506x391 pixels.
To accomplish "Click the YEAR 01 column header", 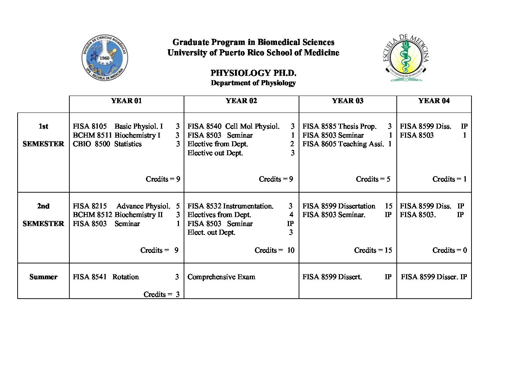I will pyautogui.click(x=126, y=101).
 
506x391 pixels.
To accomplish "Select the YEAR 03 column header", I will pyautogui.click(x=348, y=101).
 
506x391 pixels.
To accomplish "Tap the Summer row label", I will pyautogui.click(x=43, y=277).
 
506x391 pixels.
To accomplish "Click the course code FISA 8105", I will pyautogui.click(x=90, y=126).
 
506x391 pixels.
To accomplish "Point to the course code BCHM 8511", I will pyautogui.click(x=92, y=135).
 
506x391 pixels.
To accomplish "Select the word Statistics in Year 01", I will pyautogui.click(x=128, y=144).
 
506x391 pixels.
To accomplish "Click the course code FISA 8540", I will pyautogui.click(x=204, y=126).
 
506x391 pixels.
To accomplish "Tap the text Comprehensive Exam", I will pyautogui.click(x=221, y=277).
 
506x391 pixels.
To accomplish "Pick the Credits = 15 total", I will pyautogui.click(x=373, y=250).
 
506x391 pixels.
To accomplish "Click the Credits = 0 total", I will pyautogui.click(x=450, y=250).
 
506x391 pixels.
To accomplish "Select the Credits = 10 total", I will pyautogui.click(x=274, y=250).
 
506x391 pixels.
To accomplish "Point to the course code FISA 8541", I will pyautogui.click(x=90, y=277).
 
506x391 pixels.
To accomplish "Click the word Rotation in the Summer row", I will pyautogui.click(x=125, y=277).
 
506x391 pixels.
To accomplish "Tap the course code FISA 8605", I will pyautogui.click(x=319, y=144).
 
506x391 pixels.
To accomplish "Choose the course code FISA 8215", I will pyautogui.click(x=90, y=206).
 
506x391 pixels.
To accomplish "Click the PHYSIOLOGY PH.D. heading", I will pyautogui.click(x=253, y=73).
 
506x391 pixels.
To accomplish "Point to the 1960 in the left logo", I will pyautogui.click(x=105, y=58).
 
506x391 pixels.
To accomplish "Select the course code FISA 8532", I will pyautogui.click(x=204, y=206).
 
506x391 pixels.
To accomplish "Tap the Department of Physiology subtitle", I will pyautogui.click(x=253, y=83).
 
